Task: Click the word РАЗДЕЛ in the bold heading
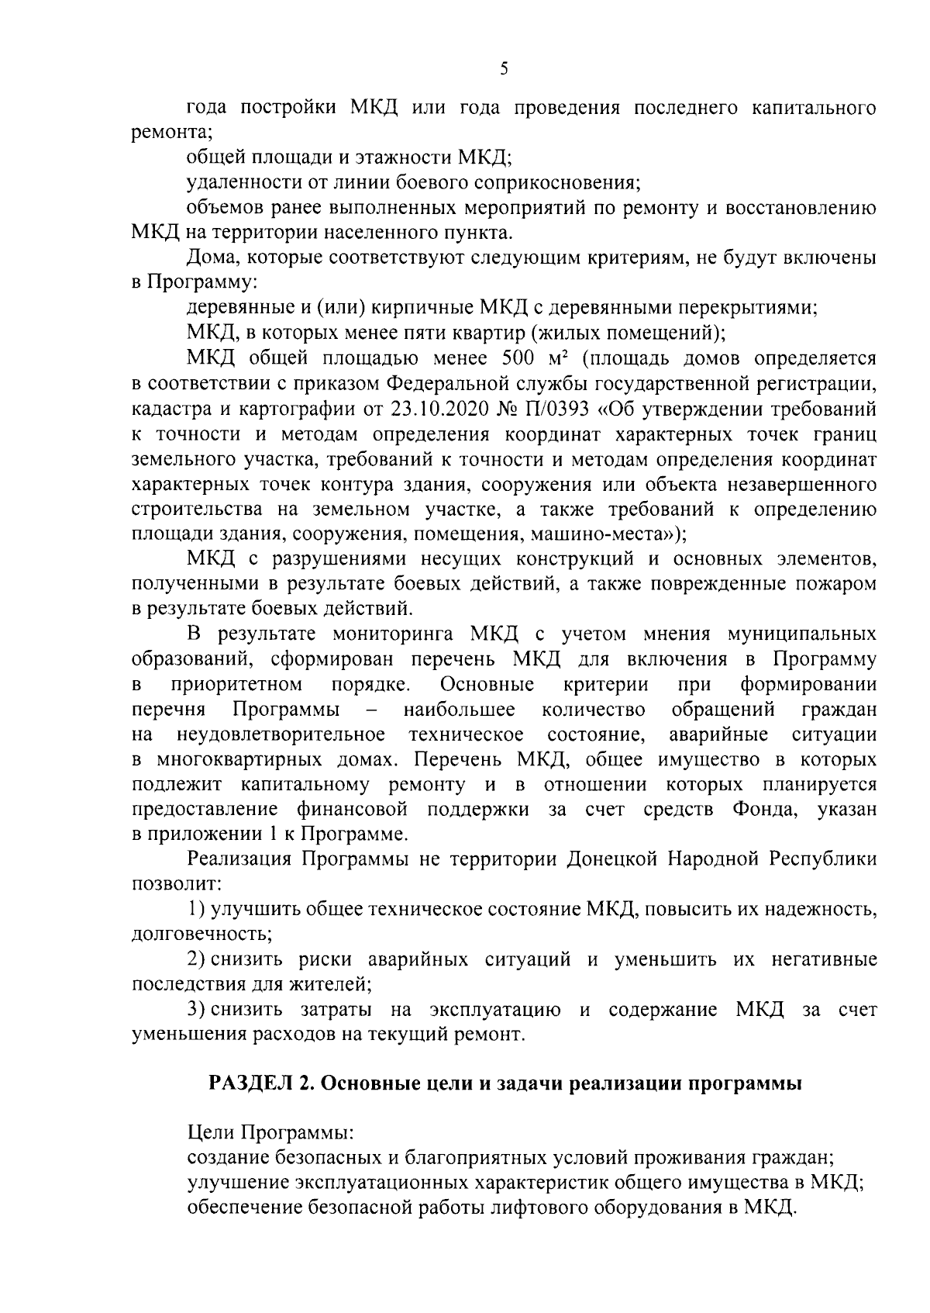250,1084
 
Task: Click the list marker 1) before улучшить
197,909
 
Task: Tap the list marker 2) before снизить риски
197,960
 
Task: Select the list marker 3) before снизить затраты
197,1011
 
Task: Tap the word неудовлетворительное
281,734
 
